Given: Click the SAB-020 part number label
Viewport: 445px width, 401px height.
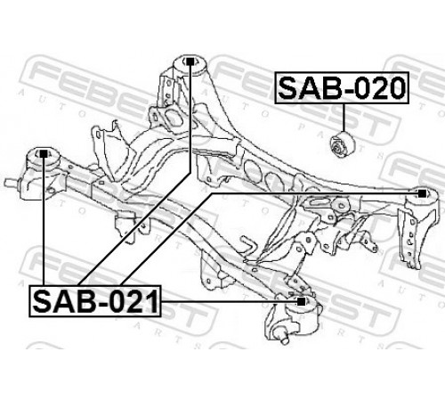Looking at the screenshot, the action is pyautogui.click(x=342, y=87).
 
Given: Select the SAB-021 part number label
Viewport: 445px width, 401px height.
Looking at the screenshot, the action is pyautogui.click(x=95, y=301).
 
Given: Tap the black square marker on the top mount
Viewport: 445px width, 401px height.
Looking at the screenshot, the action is pyautogui.click(x=190, y=61).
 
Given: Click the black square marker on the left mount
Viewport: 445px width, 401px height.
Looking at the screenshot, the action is pyautogui.click(x=44, y=153).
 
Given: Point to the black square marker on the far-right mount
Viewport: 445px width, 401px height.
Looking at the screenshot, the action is pyautogui.click(x=422, y=193).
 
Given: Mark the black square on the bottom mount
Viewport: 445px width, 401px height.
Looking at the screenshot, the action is pyautogui.click(x=301, y=301).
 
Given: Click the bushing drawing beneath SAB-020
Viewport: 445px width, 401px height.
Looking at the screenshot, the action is pyautogui.click(x=343, y=144).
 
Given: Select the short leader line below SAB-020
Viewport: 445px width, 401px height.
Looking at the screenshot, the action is pyautogui.click(x=344, y=118).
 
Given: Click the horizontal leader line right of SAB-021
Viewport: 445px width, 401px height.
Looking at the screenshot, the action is pyautogui.click(x=229, y=301).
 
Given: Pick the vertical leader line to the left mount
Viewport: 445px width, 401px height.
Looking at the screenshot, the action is pyautogui.click(x=44, y=221).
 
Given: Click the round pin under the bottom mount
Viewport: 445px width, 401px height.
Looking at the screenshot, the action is pyautogui.click(x=283, y=337).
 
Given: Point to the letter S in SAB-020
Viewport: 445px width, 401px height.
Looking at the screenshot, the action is pyautogui.click(x=289, y=87).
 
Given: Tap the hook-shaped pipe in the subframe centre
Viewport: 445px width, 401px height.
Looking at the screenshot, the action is pyautogui.click(x=248, y=247).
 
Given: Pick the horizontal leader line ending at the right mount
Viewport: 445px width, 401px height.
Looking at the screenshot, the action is pyautogui.click(x=314, y=193).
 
